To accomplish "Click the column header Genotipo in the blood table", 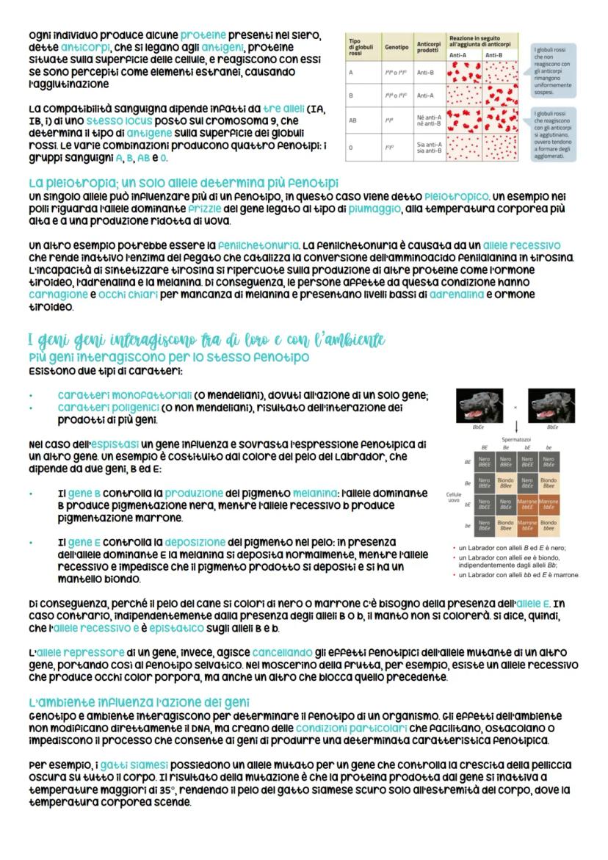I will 391,46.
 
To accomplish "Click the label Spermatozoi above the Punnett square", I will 516,440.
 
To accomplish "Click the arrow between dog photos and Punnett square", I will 516,427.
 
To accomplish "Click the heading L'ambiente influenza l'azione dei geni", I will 143,704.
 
